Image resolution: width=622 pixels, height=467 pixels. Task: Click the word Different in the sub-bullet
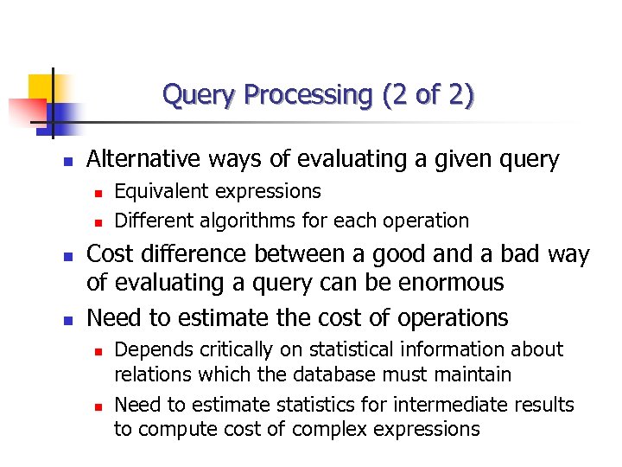[156, 221]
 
